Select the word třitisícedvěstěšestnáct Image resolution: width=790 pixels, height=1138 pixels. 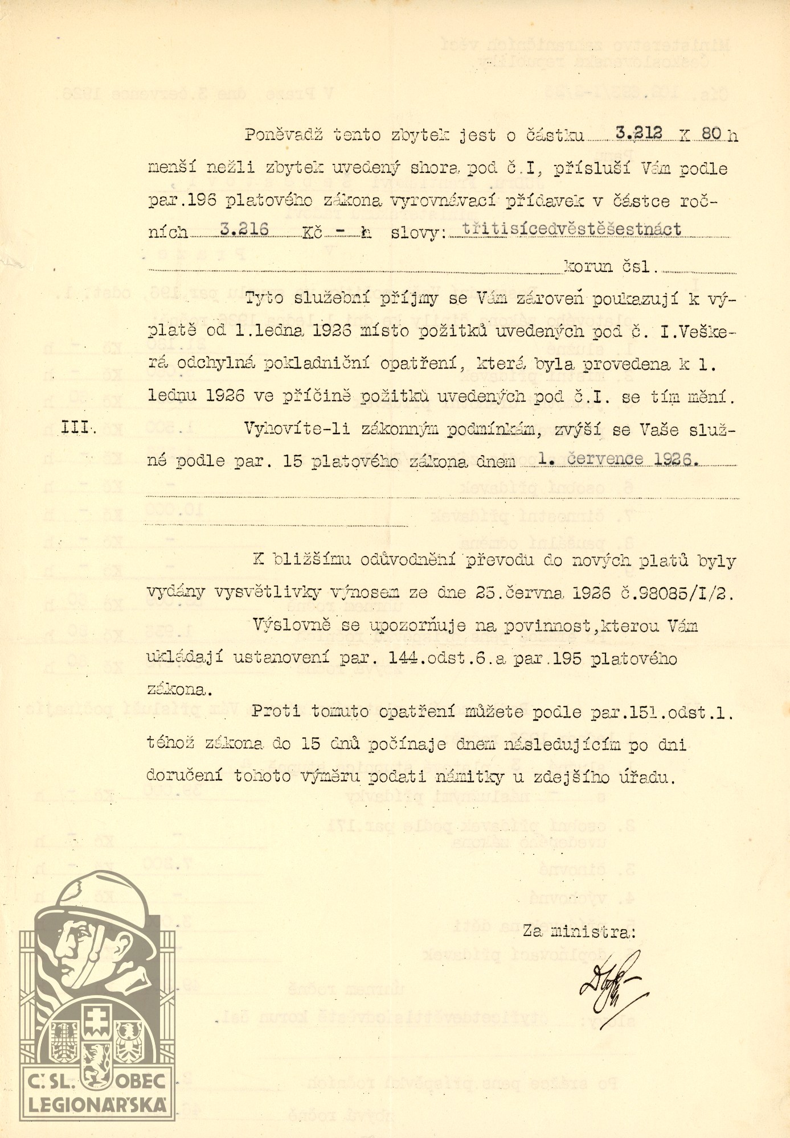coord(572,229)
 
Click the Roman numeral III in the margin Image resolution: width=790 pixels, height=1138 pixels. coord(78,429)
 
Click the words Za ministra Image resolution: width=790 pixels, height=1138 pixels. coord(579,931)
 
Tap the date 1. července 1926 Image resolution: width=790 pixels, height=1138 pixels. coord(618,459)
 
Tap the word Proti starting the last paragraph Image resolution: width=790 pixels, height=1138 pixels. coord(277,712)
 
